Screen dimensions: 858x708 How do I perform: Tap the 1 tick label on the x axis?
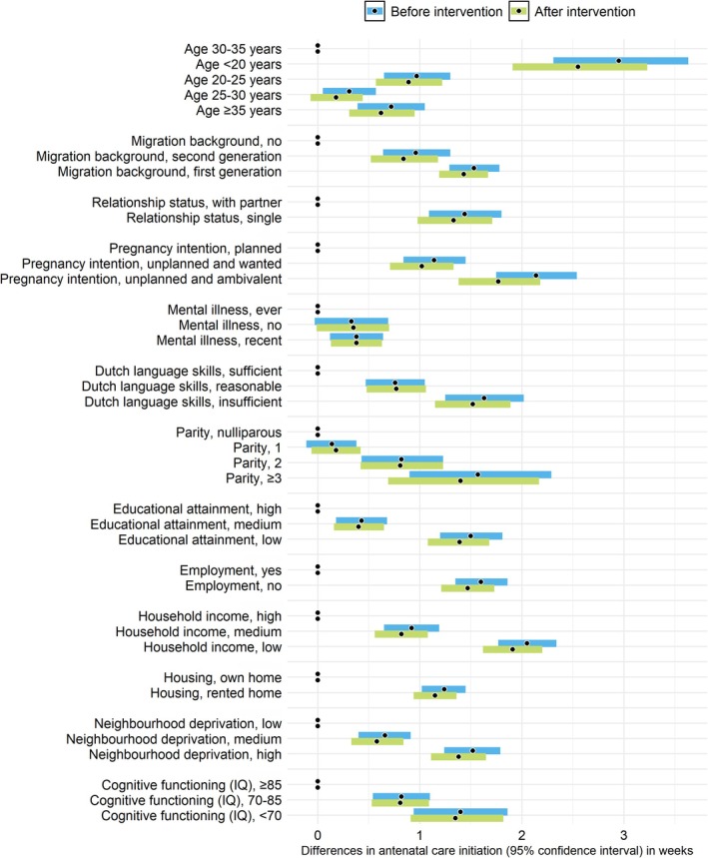(419, 840)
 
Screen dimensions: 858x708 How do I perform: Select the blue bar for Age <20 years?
(619, 61)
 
